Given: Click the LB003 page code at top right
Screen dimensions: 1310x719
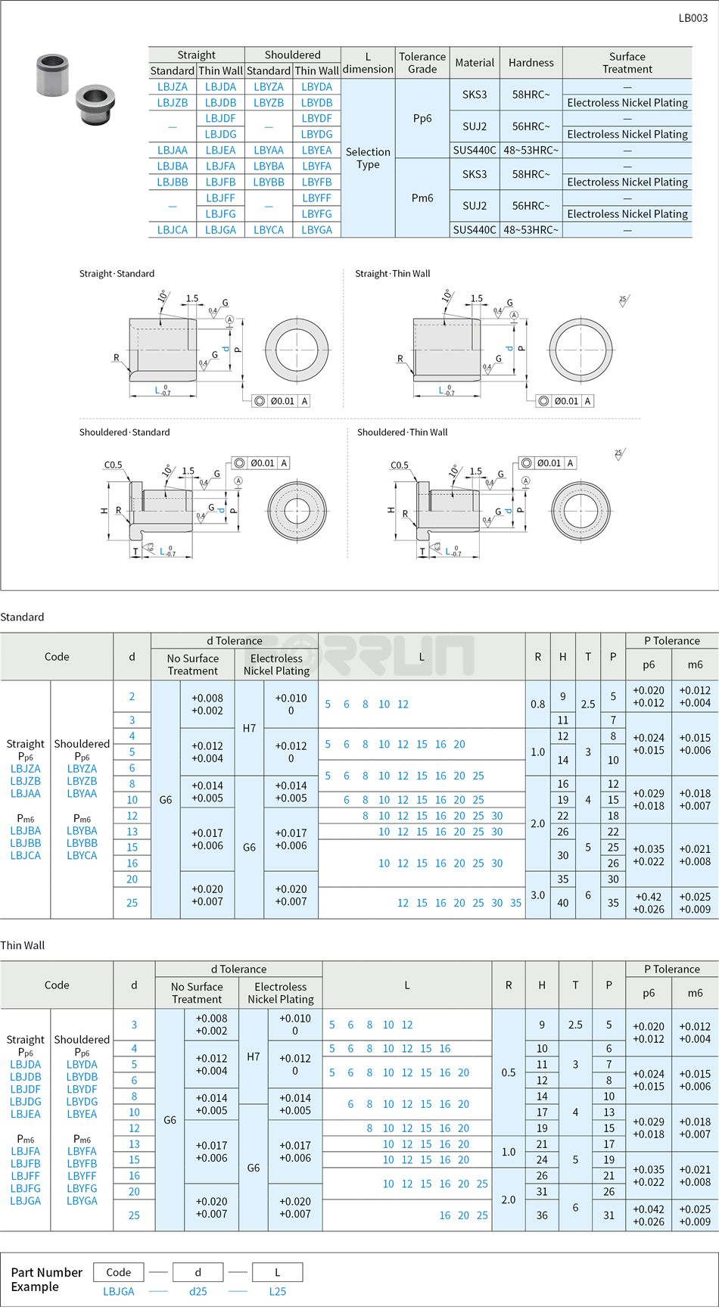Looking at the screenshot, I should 693,18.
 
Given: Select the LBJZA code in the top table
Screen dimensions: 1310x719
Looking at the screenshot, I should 173,87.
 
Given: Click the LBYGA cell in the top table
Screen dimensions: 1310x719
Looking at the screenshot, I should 316,230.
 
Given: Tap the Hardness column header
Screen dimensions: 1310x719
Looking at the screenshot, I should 531,63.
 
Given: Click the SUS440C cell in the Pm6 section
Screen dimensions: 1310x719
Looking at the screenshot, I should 475,230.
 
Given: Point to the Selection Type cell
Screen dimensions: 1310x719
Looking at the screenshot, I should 368,158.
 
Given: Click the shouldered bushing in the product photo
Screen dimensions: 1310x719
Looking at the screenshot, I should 94,103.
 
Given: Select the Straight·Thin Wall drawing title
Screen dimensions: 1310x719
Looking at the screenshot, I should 392,274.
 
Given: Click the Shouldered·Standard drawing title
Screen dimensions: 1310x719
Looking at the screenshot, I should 124,432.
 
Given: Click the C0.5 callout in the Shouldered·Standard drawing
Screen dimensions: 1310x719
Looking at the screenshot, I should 113,465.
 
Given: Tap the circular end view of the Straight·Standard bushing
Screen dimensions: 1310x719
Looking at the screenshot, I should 297,350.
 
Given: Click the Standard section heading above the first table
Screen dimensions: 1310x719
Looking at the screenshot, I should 22,618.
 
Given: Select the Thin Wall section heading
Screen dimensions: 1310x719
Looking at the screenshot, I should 23,945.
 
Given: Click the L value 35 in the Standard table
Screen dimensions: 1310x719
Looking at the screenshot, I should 515,903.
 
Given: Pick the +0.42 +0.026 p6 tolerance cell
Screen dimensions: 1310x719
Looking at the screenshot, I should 649,903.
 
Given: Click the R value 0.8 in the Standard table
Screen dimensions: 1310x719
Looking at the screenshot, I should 537,704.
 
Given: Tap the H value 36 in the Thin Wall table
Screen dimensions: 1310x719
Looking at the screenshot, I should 542,1215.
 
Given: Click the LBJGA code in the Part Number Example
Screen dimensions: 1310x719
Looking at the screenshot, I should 119,1291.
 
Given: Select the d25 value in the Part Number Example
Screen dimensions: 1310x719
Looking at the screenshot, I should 198,1291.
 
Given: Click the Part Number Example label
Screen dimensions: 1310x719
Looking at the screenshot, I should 46,1279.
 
